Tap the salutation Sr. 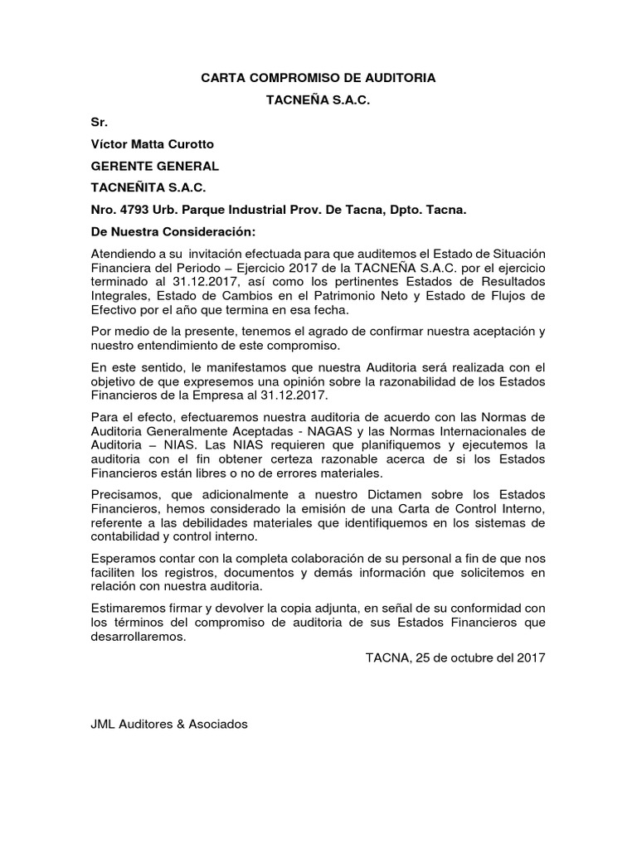pos(99,122)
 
